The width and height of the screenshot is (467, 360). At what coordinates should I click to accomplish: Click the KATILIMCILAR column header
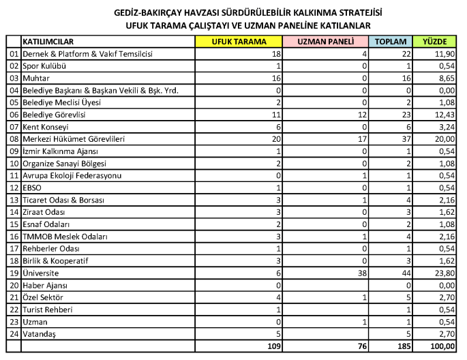[48, 41]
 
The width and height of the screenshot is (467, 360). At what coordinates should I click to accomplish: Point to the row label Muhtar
[34, 78]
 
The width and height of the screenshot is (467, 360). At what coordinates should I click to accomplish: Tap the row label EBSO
[32, 187]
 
